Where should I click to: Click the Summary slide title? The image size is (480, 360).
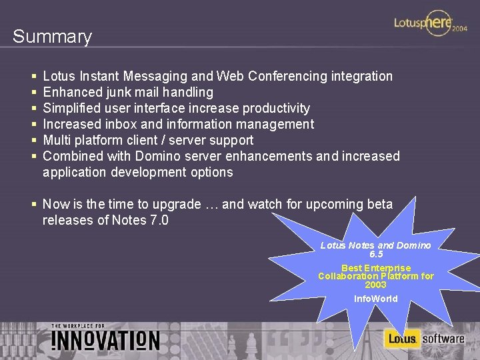(x=52, y=37)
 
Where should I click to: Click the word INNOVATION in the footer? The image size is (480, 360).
(x=105, y=340)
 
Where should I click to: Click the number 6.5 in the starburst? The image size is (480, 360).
(x=376, y=254)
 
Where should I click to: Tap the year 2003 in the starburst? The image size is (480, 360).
(x=376, y=285)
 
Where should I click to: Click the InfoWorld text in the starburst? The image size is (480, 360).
(x=376, y=299)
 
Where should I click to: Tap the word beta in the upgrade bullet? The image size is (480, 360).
(x=379, y=204)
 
